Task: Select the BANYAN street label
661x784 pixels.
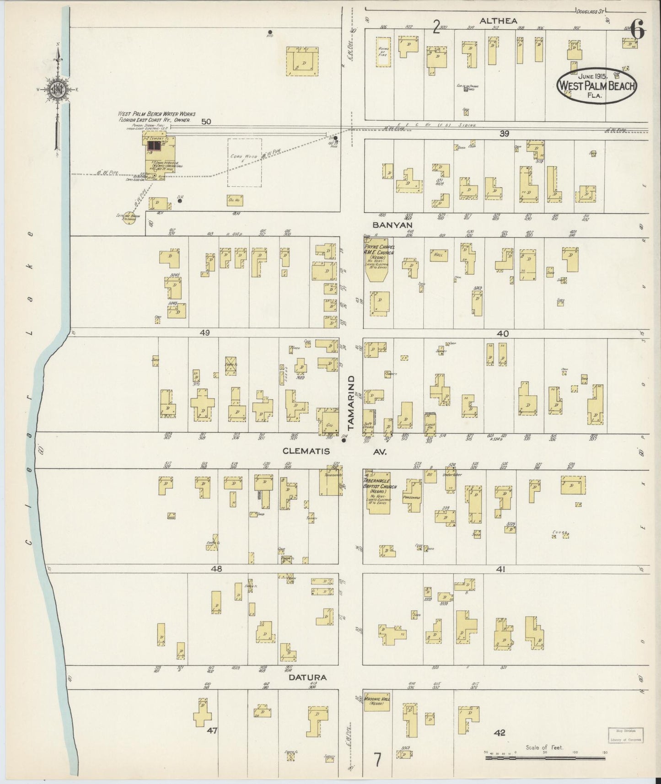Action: click(x=392, y=225)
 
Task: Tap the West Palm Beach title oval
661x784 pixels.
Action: click(x=597, y=85)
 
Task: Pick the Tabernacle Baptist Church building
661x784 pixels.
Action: click(x=377, y=491)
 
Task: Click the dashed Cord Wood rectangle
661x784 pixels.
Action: click(x=245, y=162)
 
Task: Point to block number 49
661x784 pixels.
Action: click(x=204, y=333)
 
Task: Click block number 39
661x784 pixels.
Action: click(x=504, y=134)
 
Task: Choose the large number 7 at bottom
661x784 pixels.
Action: click(x=377, y=760)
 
